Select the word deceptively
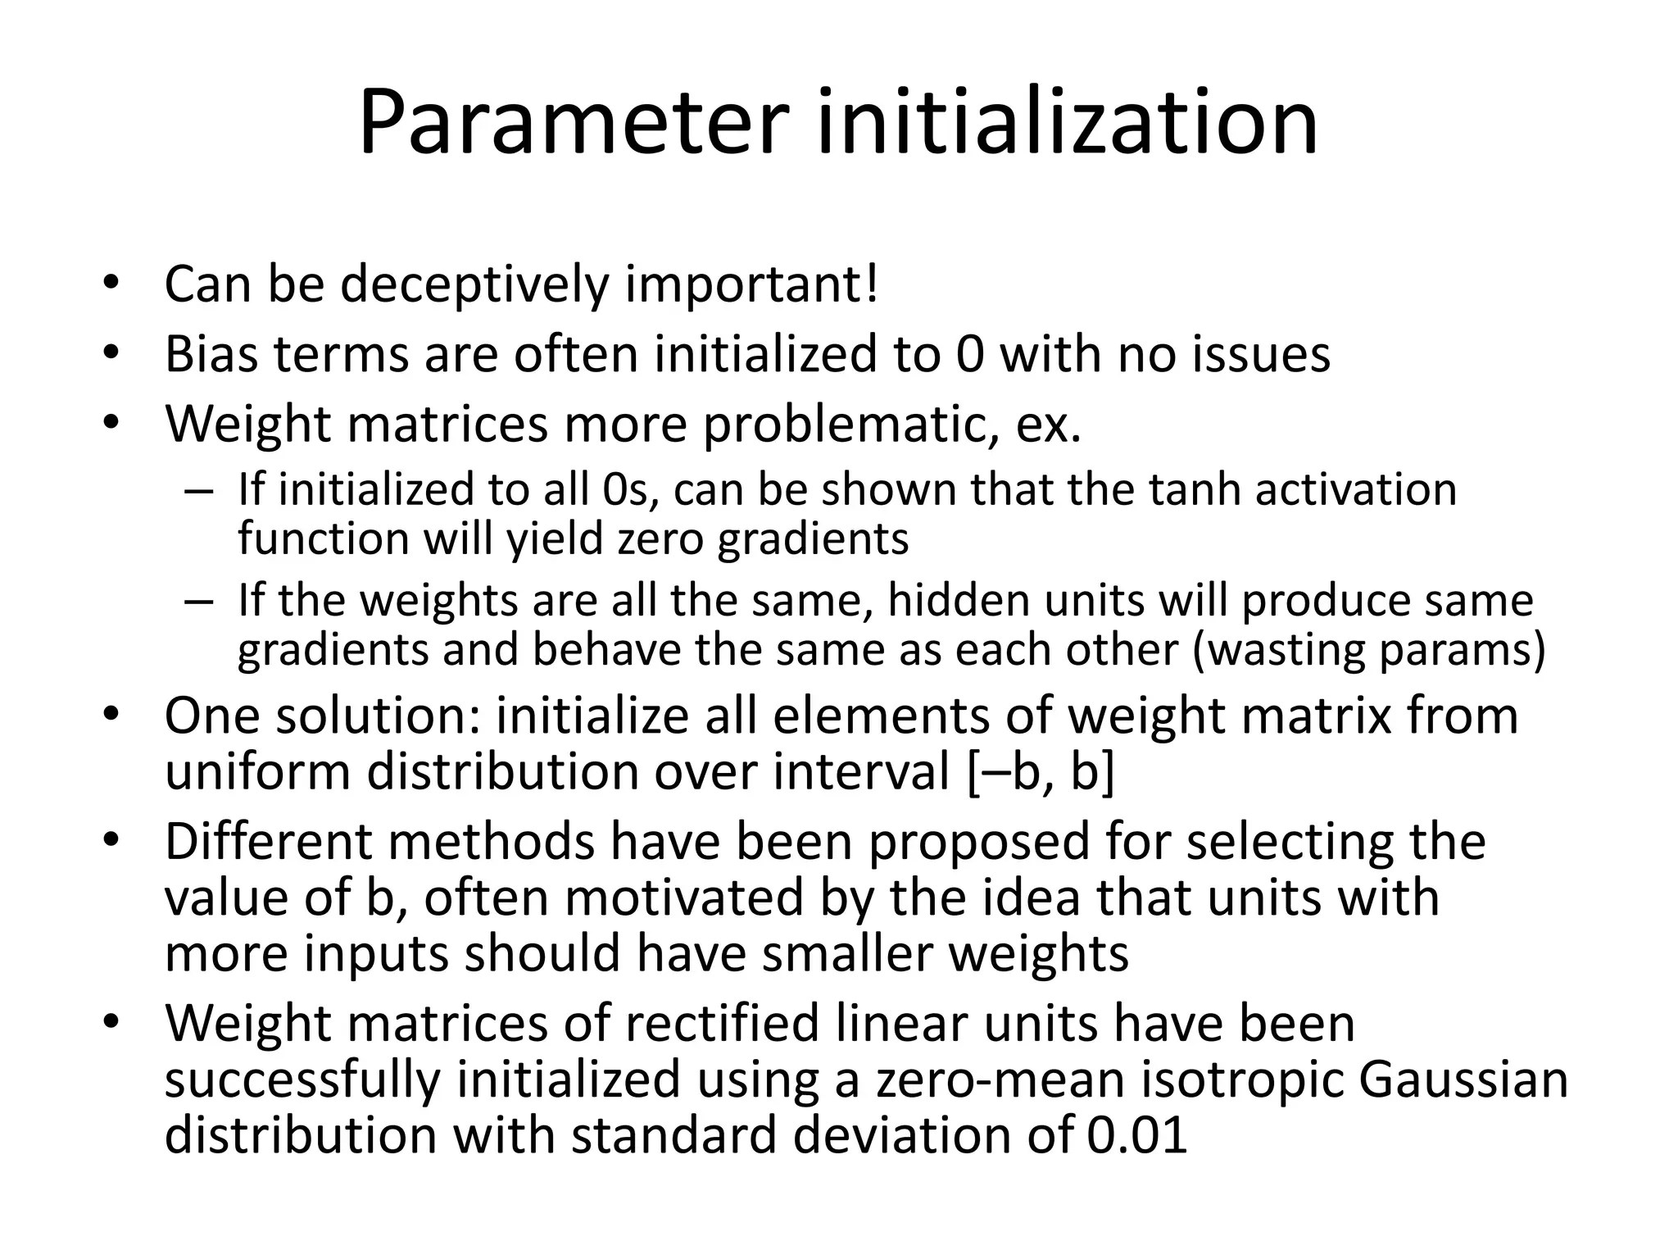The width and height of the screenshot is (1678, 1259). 474,284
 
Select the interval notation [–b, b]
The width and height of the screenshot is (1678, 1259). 1041,772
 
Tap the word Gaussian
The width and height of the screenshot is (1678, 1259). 1463,1079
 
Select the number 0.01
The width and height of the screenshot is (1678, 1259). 1137,1136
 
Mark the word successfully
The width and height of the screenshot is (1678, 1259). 302,1079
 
